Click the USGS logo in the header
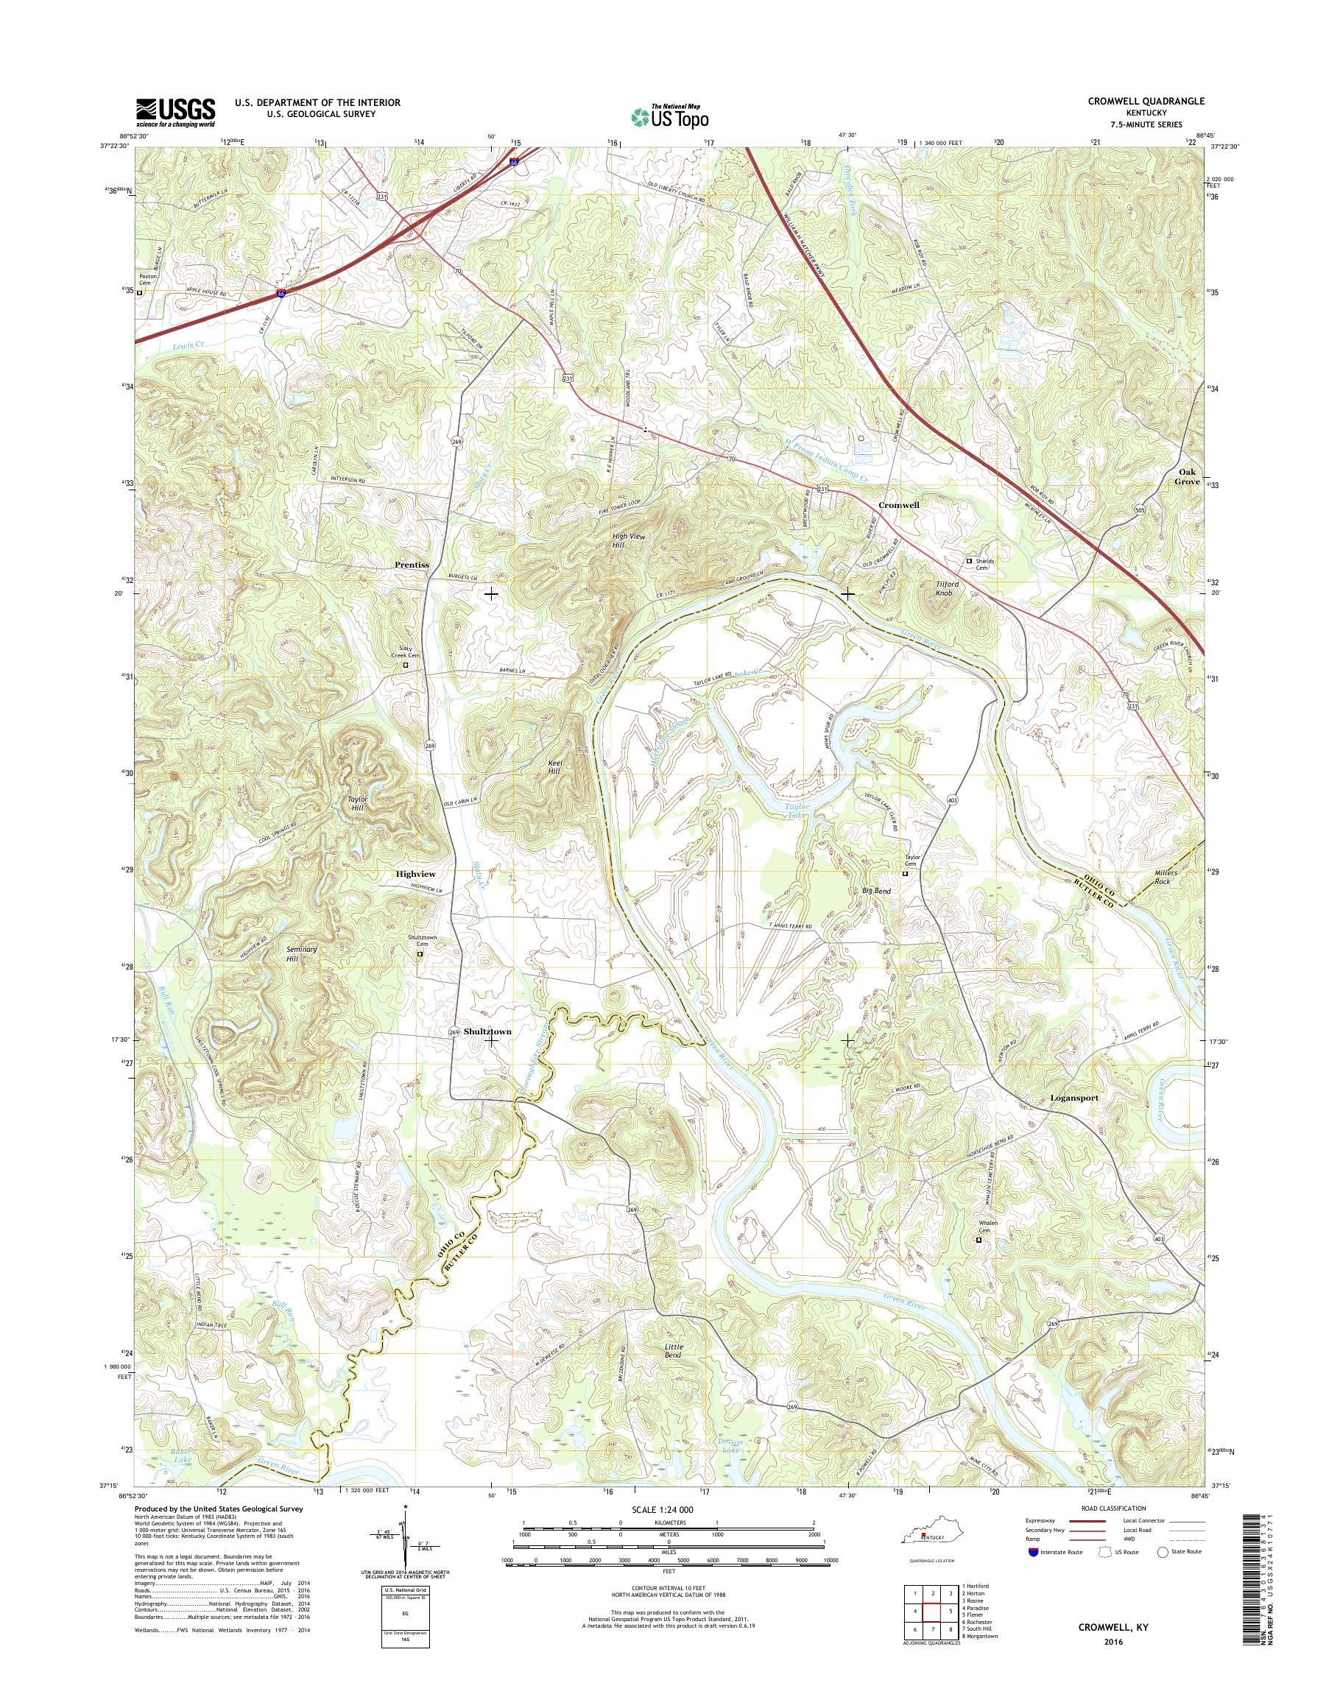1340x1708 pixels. tap(176, 112)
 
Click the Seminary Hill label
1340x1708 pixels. tap(302, 954)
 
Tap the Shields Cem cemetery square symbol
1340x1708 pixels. tap(969, 561)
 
